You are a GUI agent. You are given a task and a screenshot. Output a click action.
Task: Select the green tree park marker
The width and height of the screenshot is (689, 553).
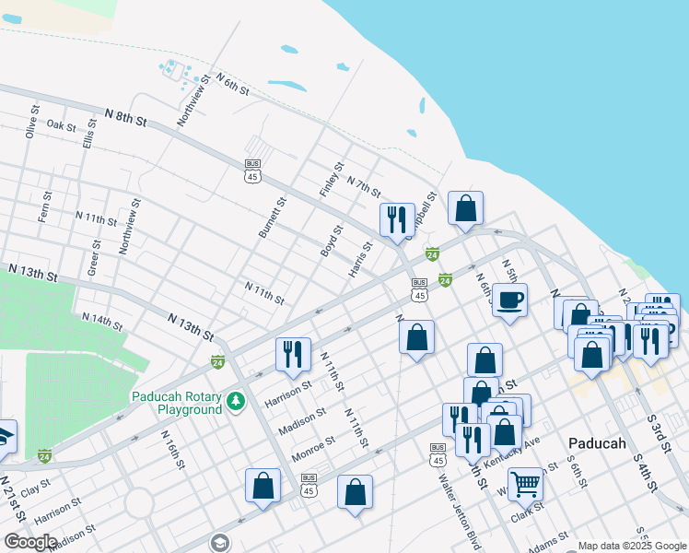point(237,402)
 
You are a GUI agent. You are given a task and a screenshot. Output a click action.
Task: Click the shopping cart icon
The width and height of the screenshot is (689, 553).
point(525,483)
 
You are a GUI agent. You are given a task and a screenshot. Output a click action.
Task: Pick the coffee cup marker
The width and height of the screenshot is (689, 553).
point(509,299)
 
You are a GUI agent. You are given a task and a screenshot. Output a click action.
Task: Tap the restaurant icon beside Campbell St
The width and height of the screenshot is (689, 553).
point(398,219)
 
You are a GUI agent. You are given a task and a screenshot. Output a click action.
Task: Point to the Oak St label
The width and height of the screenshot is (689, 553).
point(62,125)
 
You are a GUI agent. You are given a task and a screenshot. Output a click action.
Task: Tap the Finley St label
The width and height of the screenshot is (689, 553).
point(332,178)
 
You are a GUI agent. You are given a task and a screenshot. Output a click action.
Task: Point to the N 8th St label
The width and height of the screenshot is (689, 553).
point(126,118)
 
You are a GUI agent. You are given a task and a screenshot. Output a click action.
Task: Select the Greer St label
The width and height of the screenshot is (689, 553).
point(95,257)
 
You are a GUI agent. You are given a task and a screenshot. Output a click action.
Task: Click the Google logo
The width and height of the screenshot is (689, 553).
point(30,542)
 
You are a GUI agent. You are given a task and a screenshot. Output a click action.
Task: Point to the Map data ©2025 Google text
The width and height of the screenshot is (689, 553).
point(631,546)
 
